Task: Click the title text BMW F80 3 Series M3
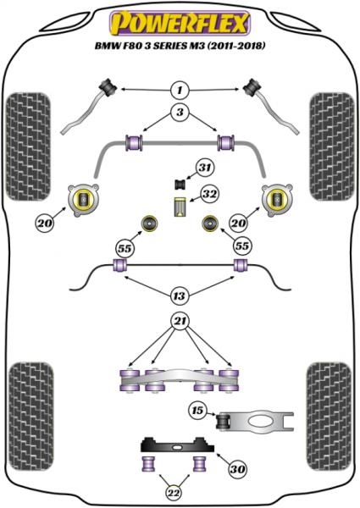coord(180,44)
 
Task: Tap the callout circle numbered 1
coord(180,90)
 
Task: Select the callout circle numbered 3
coord(180,113)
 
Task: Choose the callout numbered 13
coord(180,295)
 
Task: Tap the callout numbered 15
coord(197,411)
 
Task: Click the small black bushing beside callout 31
coord(180,183)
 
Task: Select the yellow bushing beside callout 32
coord(180,207)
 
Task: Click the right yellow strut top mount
coord(277,200)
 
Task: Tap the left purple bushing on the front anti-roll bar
coord(133,140)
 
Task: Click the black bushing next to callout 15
coord(226,420)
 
